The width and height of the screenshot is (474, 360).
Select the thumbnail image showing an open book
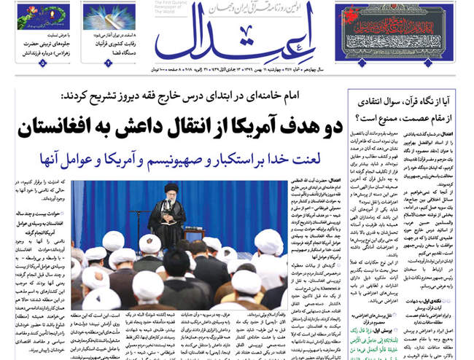point(109,17)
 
